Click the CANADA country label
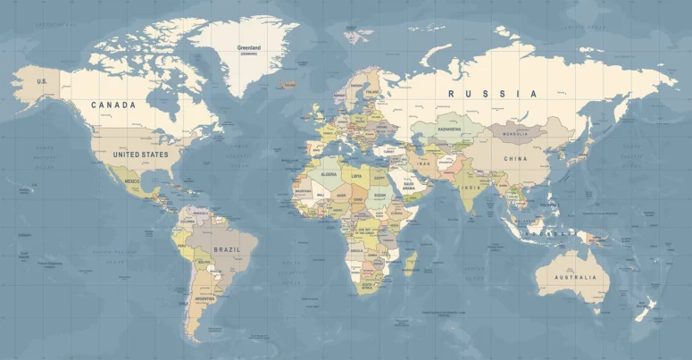click(x=114, y=105)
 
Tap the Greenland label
click(x=248, y=47)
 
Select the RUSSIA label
click(x=493, y=94)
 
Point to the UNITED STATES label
click(x=140, y=155)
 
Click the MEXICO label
click(x=132, y=181)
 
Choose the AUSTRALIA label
click(x=575, y=277)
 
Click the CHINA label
click(x=515, y=159)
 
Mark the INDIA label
click(x=471, y=188)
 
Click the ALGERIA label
click(x=329, y=175)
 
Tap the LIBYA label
click(x=357, y=176)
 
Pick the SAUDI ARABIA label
click(x=409, y=187)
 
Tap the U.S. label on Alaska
click(x=41, y=81)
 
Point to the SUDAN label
click(x=380, y=195)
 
